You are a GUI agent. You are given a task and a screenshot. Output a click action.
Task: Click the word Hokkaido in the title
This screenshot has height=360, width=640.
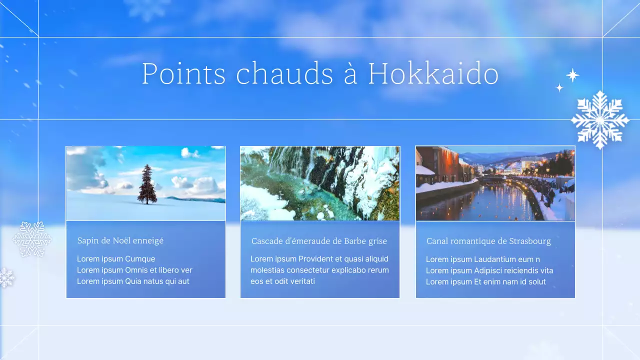(433, 74)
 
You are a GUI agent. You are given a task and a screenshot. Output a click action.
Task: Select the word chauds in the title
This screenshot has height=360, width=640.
(284, 74)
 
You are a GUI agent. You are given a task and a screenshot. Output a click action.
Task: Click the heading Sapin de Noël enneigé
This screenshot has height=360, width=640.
(120, 240)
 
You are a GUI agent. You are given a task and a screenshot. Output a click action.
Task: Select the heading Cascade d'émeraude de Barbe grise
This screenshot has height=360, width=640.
(319, 241)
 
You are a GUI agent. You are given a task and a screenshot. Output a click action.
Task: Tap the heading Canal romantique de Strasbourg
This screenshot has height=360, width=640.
(488, 241)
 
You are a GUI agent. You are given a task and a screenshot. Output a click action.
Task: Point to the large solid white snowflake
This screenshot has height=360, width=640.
(599, 120)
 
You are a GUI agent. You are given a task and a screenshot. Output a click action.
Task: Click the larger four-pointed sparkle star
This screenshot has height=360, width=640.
(572, 75)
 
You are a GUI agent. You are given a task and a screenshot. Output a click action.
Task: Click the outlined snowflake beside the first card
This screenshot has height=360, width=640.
(32, 239)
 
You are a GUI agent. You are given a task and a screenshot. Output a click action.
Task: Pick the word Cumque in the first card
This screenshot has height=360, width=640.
(140, 259)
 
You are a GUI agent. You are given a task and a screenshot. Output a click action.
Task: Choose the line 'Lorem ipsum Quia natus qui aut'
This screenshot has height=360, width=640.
(133, 281)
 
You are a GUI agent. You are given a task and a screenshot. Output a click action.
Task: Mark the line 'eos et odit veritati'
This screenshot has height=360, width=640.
(282, 281)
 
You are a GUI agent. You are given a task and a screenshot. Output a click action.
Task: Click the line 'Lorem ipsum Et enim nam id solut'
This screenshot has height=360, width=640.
(485, 281)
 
